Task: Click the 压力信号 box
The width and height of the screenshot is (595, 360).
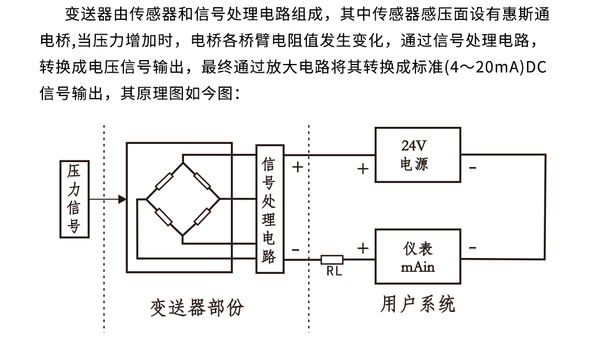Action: point(74,199)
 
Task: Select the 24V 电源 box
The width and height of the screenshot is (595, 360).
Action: point(417,155)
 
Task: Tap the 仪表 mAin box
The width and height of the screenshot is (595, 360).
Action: point(417,256)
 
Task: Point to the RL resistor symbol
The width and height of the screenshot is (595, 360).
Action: point(332,260)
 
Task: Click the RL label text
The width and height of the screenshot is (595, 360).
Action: point(333,271)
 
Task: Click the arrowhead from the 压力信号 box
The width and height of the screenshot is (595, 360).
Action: point(122,199)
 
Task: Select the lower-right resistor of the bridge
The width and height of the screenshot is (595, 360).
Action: point(201,217)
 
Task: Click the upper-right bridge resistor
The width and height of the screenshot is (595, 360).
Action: point(202,180)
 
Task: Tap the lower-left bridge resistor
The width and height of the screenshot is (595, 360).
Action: point(164,217)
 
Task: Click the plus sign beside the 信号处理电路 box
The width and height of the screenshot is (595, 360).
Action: point(297,166)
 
